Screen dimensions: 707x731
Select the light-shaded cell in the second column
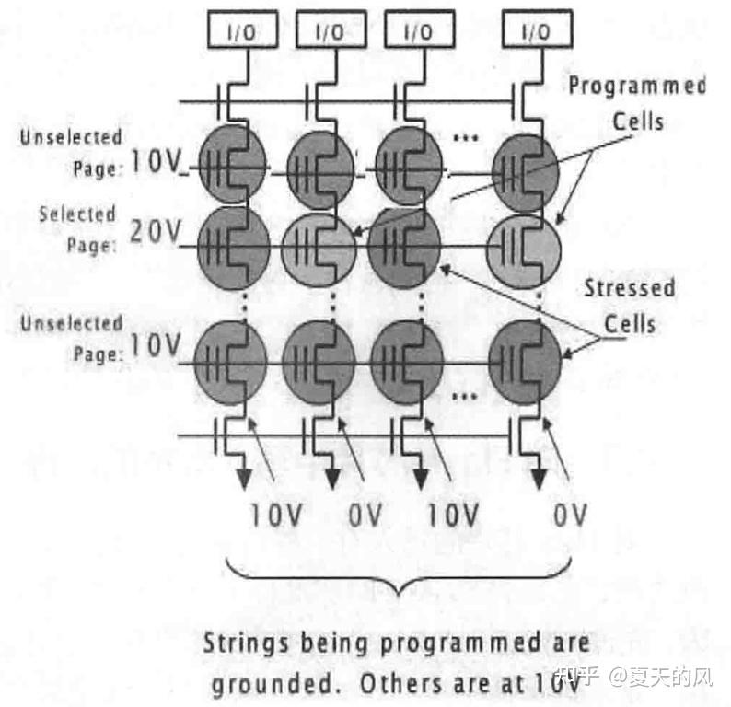[x=319, y=248]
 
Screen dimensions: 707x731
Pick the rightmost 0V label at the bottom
[x=570, y=516]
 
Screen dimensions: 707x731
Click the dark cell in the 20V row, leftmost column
[x=234, y=247]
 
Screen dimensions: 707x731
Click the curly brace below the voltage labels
[x=399, y=582]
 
